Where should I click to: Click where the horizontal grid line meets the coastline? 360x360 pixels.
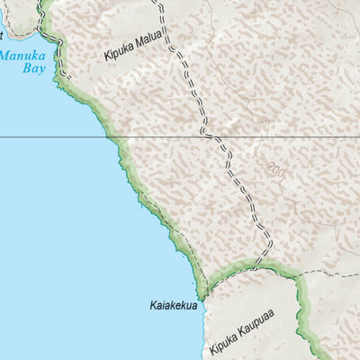coord(112,137)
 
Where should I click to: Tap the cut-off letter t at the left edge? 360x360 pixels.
coord(2,36)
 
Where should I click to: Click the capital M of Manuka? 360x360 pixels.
coord(5,53)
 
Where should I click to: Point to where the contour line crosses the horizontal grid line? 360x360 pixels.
coord(236,137)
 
